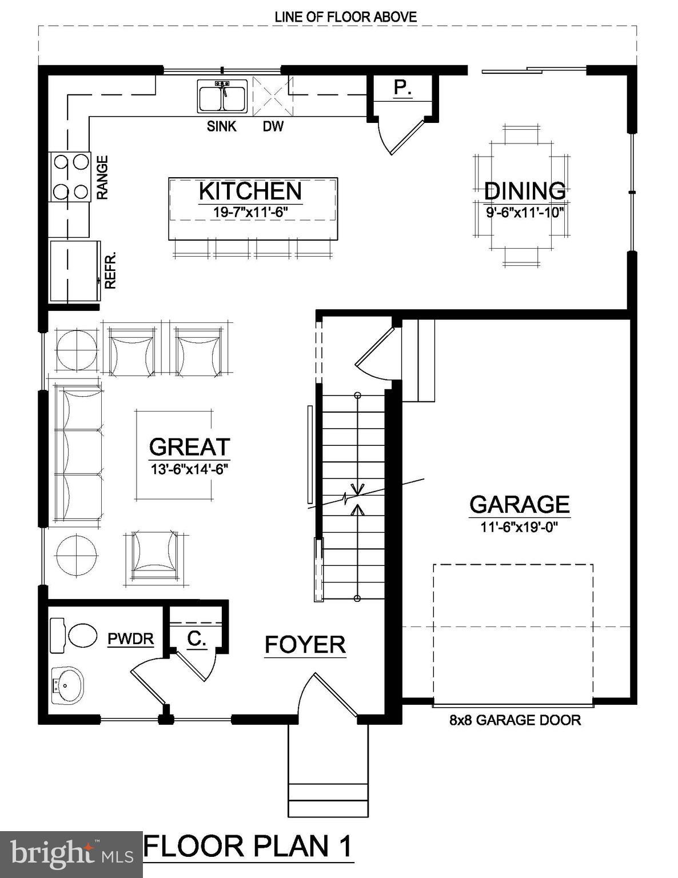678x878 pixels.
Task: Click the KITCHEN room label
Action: point(250,191)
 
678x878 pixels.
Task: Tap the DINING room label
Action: point(524,191)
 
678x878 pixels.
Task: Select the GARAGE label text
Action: point(519,504)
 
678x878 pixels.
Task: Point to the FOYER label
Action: point(305,645)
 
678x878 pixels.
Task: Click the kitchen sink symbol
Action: point(222,97)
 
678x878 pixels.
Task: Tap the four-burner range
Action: point(70,177)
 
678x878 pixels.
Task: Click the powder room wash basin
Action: point(67,685)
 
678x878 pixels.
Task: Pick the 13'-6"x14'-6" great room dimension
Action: point(190,469)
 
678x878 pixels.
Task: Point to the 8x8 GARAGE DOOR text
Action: point(515,720)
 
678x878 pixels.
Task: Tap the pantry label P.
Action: point(403,88)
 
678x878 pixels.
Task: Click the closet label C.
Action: point(197,639)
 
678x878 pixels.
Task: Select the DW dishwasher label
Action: point(273,126)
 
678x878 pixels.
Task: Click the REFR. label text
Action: point(110,270)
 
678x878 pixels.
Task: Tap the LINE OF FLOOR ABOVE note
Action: point(345,17)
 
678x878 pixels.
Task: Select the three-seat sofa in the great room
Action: point(78,453)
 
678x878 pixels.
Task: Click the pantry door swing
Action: point(400,136)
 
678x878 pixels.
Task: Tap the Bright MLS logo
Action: point(71,854)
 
